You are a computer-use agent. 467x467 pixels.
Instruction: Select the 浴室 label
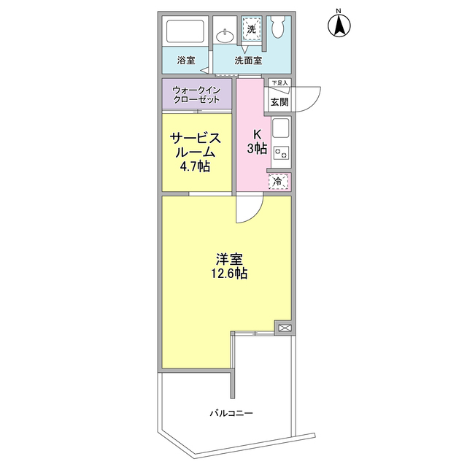click(186, 61)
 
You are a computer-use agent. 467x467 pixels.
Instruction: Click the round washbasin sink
click(226, 34)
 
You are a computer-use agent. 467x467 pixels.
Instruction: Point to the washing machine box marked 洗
click(252, 29)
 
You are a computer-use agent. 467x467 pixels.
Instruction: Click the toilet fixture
click(277, 28)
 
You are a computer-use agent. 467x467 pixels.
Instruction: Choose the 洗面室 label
click(248, 61)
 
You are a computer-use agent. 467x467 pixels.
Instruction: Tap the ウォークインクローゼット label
click(196, 95)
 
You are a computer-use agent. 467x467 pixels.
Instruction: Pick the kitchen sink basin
click(281, 131)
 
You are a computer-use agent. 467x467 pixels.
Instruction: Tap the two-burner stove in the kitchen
click(281, 153)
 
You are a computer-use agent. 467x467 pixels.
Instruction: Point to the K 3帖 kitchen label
click(256, 142)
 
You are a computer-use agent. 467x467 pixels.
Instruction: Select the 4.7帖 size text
click(196, 167)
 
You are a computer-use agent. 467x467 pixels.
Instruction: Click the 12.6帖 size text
click(229, 274)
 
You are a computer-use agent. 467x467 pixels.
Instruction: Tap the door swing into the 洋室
click(248, 210)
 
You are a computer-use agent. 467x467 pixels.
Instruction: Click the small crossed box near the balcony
click(284, 328)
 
